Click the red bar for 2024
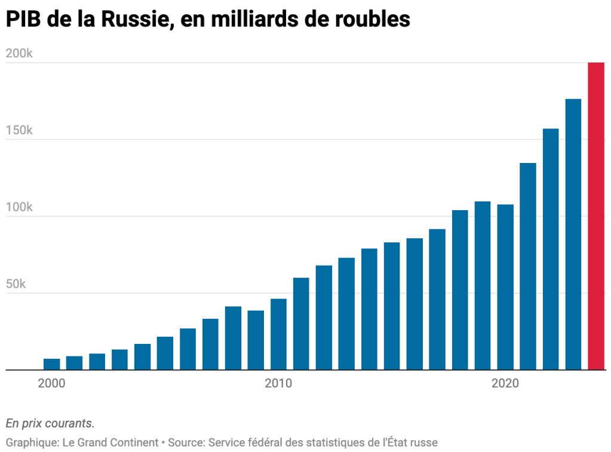pyautogui.click(x=596, y=216)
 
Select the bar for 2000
pyautogui.click(x=51, y=364)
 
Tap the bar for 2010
pyautogui.click(x=278, y=334)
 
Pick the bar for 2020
pyautogui.click(x=505, y=287)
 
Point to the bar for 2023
pyautogui.click(x=573, y=234)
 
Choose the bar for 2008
pyautogui.click(x=233, y=338)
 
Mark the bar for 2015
pyautogui.click(x=392, y=306)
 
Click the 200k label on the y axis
pyautogui.click(x=19, y=54)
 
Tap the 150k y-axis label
pyautogui.click(x=19, y=131)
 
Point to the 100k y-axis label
pyautogui.click(x=19, y=208)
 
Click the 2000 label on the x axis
pyautogui.click(x=51, y=383)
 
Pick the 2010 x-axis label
pyautogui.click(x=278, y=383)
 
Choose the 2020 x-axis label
pyautogui.click(x=505, y=383)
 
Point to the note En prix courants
pyautogui.click(x=50, y=423)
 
